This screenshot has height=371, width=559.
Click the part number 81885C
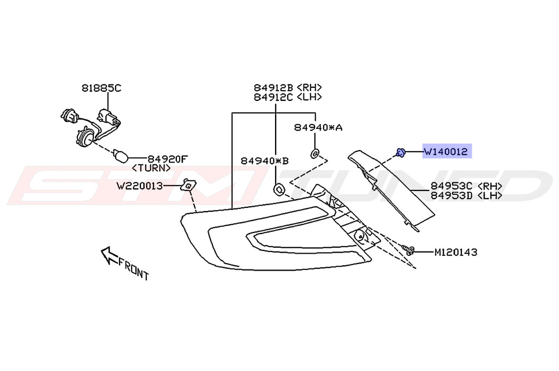[x=102, y=87]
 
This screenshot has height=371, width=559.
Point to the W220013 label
[x=139, y=186]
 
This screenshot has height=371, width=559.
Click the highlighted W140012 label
[x=446, y=152]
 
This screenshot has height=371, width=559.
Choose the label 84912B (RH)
[x=287, y=88]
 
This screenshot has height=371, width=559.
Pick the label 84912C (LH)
[x=287, y=97]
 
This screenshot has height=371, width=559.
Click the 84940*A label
[x=318, y=127]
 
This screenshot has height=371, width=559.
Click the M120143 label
[x=455, y=253]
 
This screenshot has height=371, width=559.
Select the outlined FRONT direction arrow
[x=110, y=254]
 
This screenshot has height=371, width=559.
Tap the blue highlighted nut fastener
[x=401, y=152]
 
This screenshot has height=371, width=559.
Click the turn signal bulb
[x=121, y=156]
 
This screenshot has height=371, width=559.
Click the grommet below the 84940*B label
[x=278, y=189]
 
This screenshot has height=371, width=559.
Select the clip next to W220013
[x=188, y=185]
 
